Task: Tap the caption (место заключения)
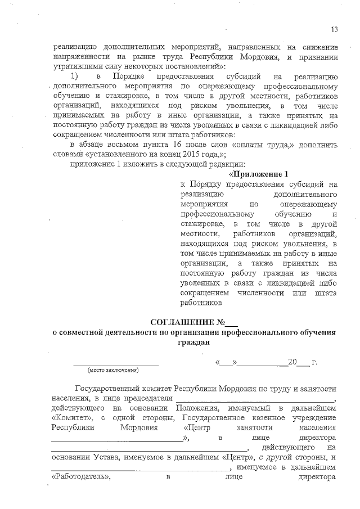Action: (112, 371)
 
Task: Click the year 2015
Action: (188, 154)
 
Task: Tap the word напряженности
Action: (81, 56)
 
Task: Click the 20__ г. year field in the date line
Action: (295, 362)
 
